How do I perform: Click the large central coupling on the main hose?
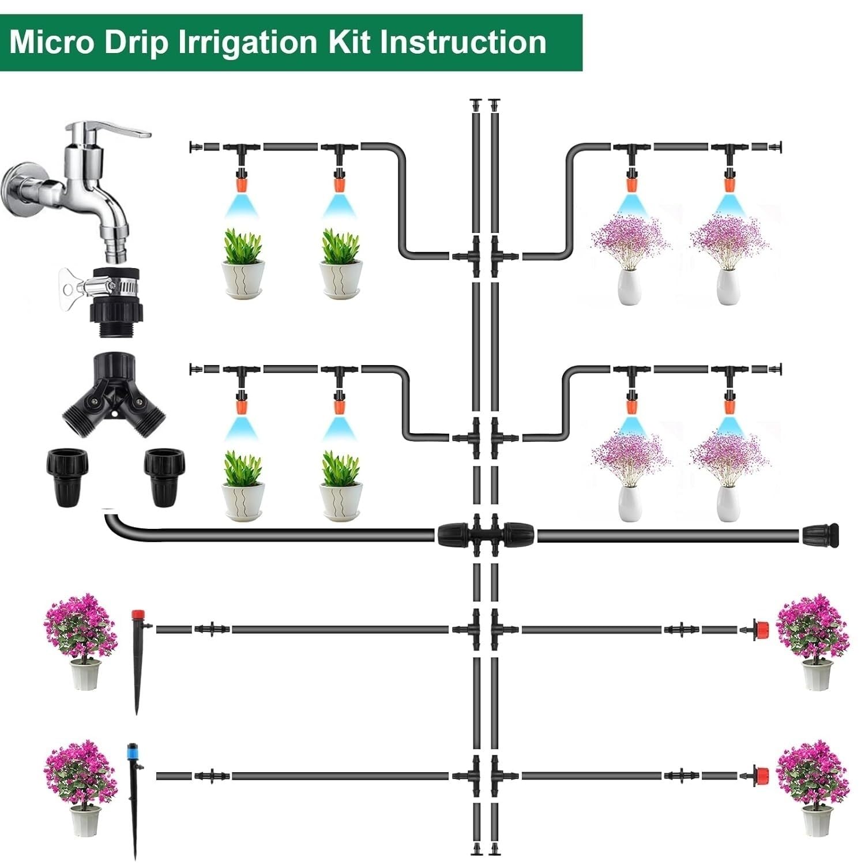pos(485,534)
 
